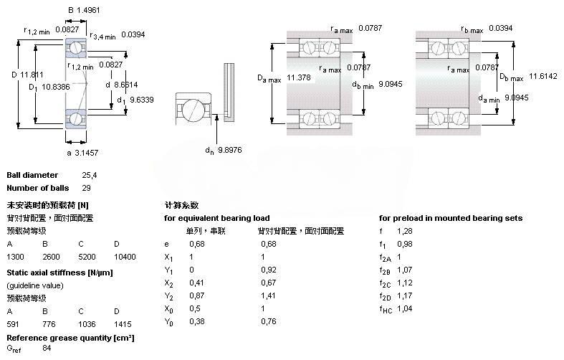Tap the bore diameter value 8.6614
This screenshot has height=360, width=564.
[126, 85]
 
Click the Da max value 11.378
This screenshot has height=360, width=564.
[299, 77]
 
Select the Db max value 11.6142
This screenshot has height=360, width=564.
[543, 75]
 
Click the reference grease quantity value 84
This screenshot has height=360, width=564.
[47, 349]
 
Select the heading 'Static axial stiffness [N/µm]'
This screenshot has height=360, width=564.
[59, 273]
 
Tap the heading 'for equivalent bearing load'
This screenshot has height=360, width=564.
[217, 218]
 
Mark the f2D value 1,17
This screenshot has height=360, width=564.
[406, 295]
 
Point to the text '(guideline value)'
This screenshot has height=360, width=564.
[35, 285]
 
